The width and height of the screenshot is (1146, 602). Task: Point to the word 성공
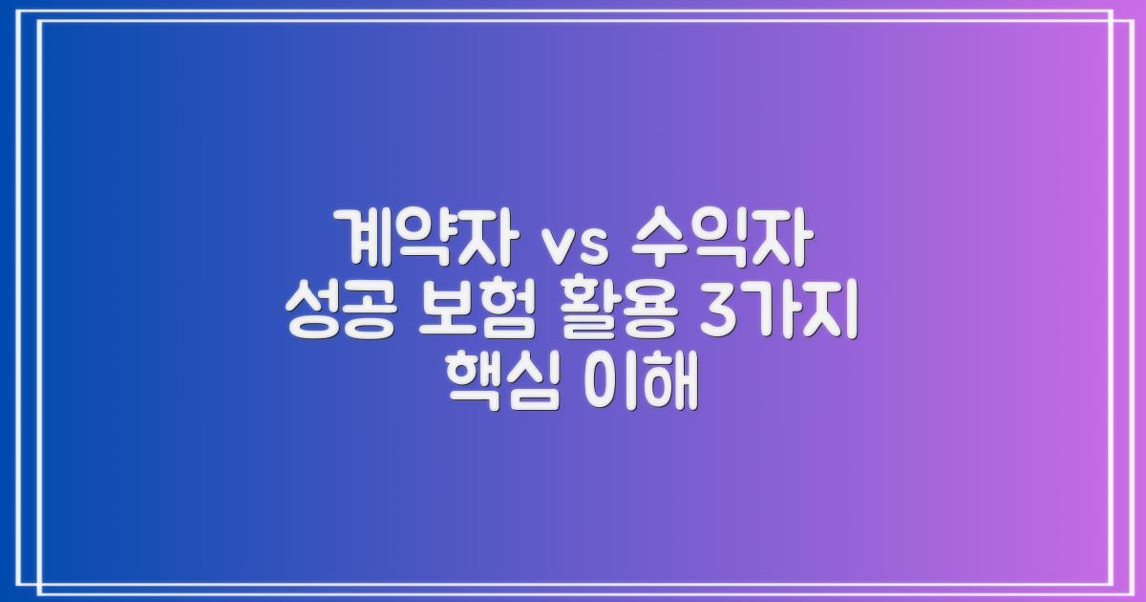coord(338,312)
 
